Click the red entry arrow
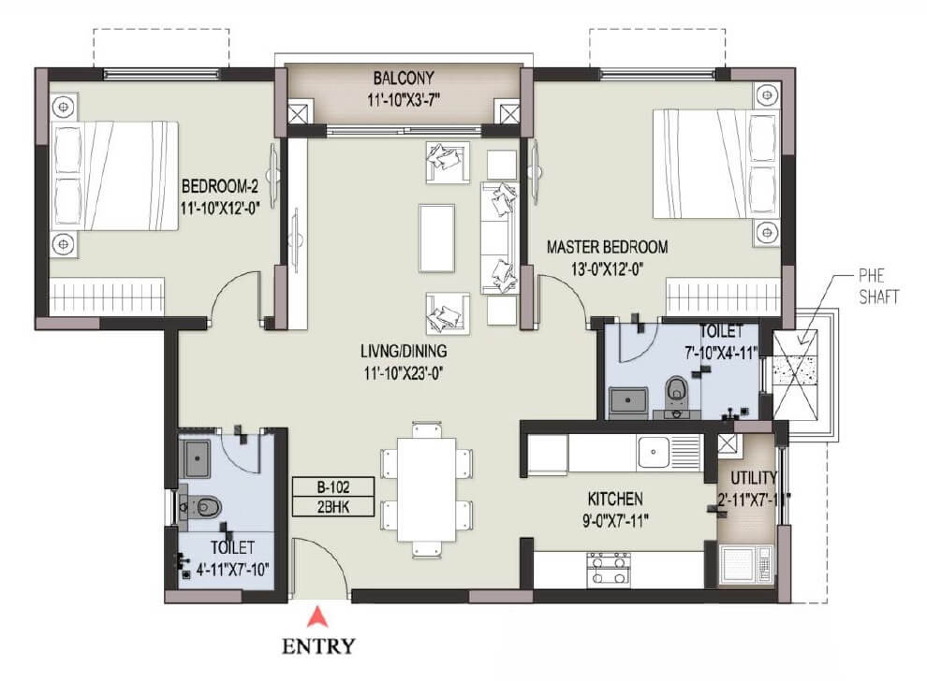click(320, 616)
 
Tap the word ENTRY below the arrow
click(320, 645)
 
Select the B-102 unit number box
click(333, 486)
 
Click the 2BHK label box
click(333, 507)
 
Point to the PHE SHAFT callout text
click(878, 288)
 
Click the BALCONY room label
click(404, 78)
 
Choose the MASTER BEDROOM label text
click(608, 248)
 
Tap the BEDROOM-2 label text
click(220, 184)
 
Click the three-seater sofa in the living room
click(498, 236)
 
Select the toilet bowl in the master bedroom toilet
click(674, 390)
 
